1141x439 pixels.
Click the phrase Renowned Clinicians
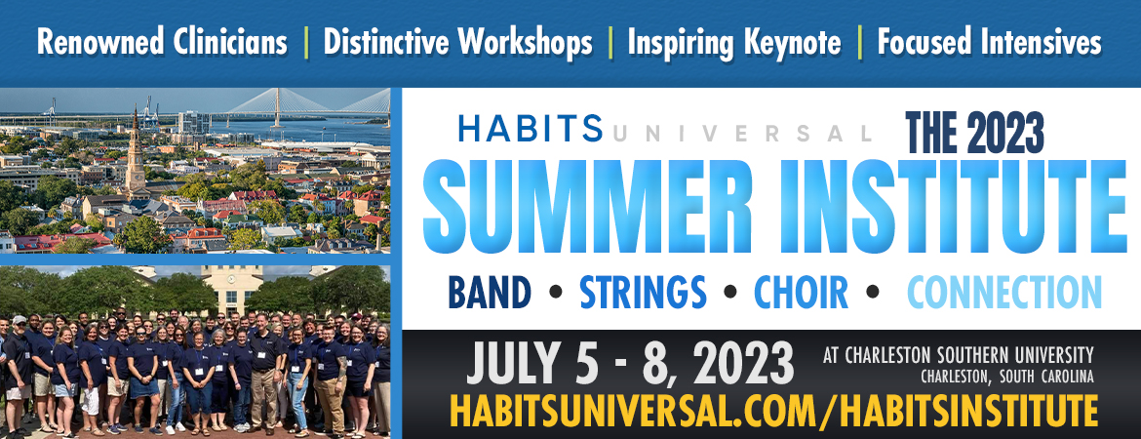[x=162, y=43]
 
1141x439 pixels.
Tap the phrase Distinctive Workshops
[x=457, y=43]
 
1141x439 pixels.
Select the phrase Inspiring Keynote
[x=734, y=43]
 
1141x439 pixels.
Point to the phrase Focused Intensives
[x=989, y=43]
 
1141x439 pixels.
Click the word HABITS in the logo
[x=531, y=129]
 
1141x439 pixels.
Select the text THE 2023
[x=974, y=132]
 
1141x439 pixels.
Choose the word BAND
[x=490, y=292]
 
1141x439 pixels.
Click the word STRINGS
[x=643, y=292]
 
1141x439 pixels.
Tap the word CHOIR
[x=801, y=292]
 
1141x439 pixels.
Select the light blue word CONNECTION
[x=1004, y=292]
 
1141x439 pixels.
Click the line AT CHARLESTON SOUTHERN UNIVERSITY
[x=959, y=356]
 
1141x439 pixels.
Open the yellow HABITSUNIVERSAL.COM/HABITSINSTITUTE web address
[x=773, y=411]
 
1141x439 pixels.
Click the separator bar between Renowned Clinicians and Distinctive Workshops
[x=305, y=43]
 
